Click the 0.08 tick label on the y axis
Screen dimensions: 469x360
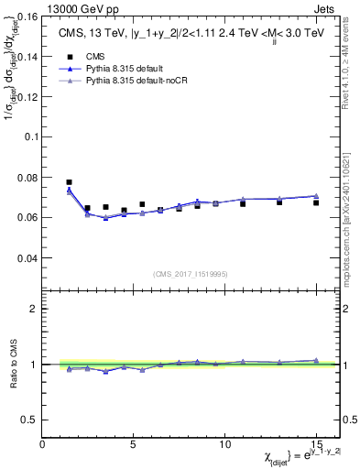pyautogui.click(x=27, y=177)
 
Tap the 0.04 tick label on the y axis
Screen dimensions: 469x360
pyautogui.click(x=27, y=258)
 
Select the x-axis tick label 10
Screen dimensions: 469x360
pyautogui.click(x=224, y=444)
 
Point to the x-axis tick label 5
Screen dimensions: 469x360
pyautogui.click(x=134, y=444)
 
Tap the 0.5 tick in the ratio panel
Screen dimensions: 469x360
pyautogui.click(x=29, y=420)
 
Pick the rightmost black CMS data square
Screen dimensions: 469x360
pyautogui.click(x=316, y=202)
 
